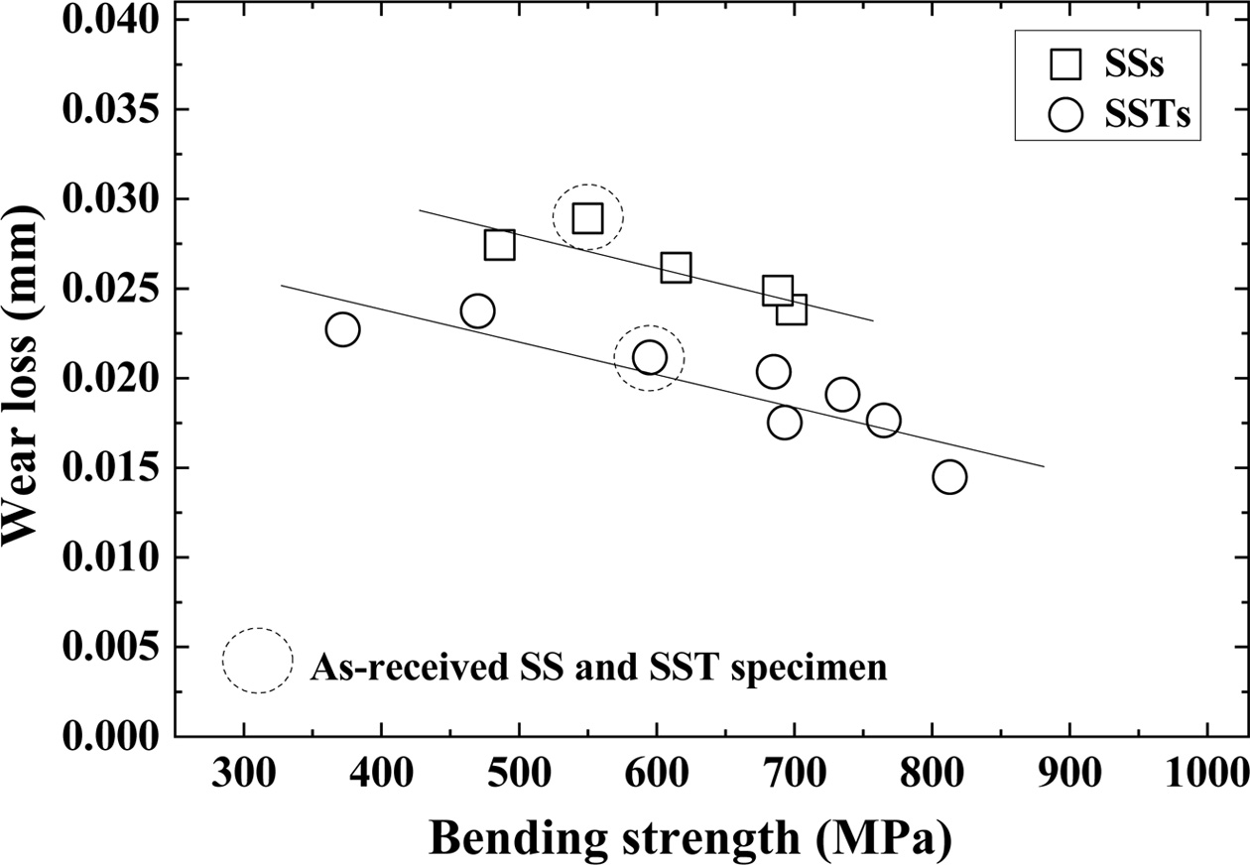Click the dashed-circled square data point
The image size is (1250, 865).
click(x=587, y=218)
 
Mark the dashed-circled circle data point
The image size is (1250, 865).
click(x=649, y=357)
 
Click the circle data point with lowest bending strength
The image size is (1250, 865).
click(x=342, y=329)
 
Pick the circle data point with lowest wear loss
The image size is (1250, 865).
click(x=949, y=477)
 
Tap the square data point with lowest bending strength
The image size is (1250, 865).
click(x=500, y=245)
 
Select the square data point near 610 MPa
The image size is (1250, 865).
click(x=676, y=268)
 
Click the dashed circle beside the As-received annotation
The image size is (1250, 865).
click(x=258, y=660)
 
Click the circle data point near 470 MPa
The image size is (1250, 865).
click(x=477, y=311)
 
